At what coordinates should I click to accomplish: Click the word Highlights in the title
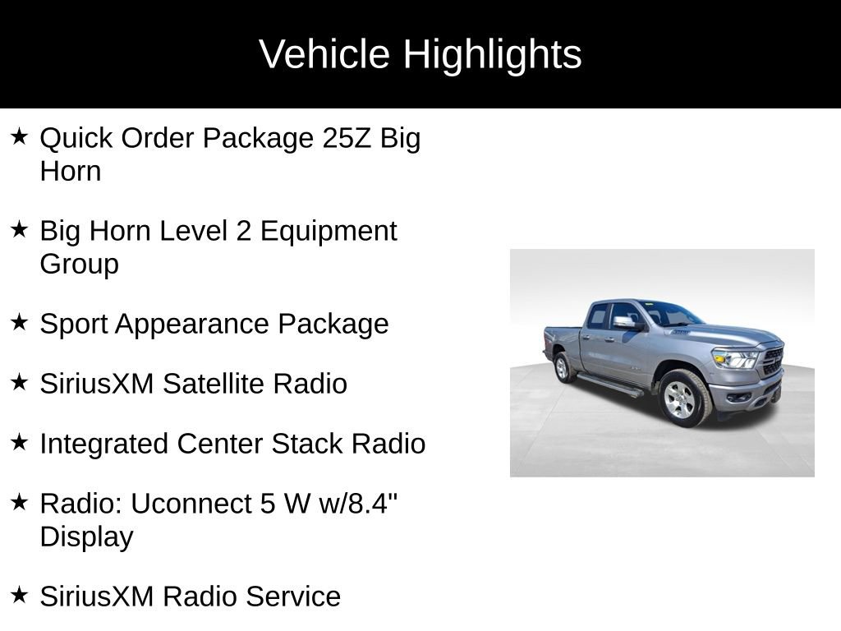(x=492, y=55)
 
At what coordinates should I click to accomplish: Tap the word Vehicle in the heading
(x=324, y=55)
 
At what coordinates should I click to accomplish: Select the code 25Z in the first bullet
(x=347, y=138)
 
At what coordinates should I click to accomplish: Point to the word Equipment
(x=329, y=231)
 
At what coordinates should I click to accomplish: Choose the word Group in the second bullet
(x=79, y=265)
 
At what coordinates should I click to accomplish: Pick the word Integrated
(x=103, y=444)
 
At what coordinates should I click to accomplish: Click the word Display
(x=86, y=537)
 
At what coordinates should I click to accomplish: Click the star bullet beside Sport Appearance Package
(x=19, y=322)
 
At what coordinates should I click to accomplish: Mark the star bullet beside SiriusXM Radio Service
(x=19, y=595)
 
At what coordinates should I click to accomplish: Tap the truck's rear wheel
(x=563, y=367)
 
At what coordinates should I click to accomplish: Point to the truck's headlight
(x=735, y=359)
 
